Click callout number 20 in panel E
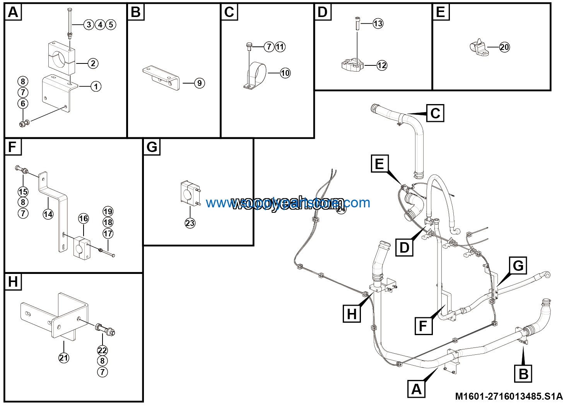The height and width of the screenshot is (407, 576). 504,47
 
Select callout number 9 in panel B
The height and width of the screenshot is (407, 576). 199,83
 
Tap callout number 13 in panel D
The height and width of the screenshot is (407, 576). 378,24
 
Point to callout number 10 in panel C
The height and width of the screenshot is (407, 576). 285,73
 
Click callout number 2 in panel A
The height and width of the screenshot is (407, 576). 93,63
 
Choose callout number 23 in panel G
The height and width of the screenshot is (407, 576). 190,223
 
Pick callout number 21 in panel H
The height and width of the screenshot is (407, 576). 64,357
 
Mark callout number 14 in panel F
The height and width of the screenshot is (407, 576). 48,214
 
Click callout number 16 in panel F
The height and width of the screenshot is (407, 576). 84,219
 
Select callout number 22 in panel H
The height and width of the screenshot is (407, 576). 102,350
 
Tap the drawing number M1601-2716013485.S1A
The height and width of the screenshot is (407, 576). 509,396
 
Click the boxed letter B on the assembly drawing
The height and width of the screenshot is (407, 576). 523,374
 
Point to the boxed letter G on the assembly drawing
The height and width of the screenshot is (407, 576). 518,266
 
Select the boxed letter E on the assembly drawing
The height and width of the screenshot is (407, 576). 379,164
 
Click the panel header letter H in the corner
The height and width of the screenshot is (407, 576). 13,282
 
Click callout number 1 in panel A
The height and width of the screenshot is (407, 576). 96,86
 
